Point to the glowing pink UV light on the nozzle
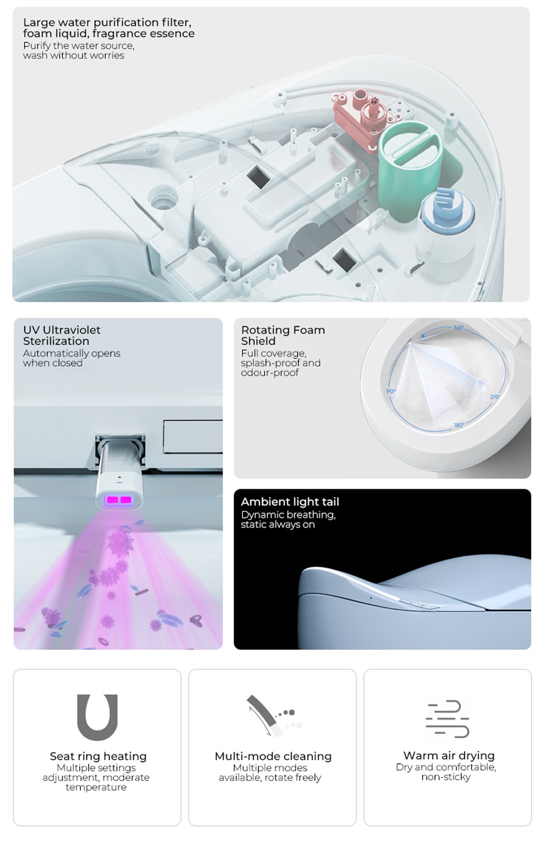click(118, 500)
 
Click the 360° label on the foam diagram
click(459, 328)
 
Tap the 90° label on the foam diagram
click(390, 391)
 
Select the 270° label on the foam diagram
click(495, 397)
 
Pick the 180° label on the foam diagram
click(459, 425)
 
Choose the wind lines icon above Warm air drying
click(447, 719)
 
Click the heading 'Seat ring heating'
click(98, 756)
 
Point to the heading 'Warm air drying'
click(449, 755)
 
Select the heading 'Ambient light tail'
click(290, 502)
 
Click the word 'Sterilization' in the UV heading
click(56, 341)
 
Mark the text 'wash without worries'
click(74, 56)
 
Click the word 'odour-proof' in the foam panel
click(270, 373)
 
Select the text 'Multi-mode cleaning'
click(273, 756)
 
